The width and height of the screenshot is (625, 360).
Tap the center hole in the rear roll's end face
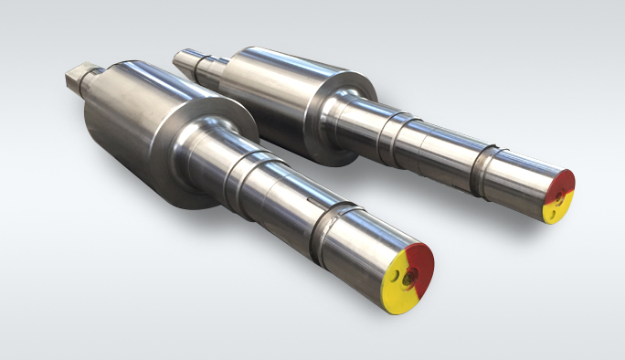point(557,196)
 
